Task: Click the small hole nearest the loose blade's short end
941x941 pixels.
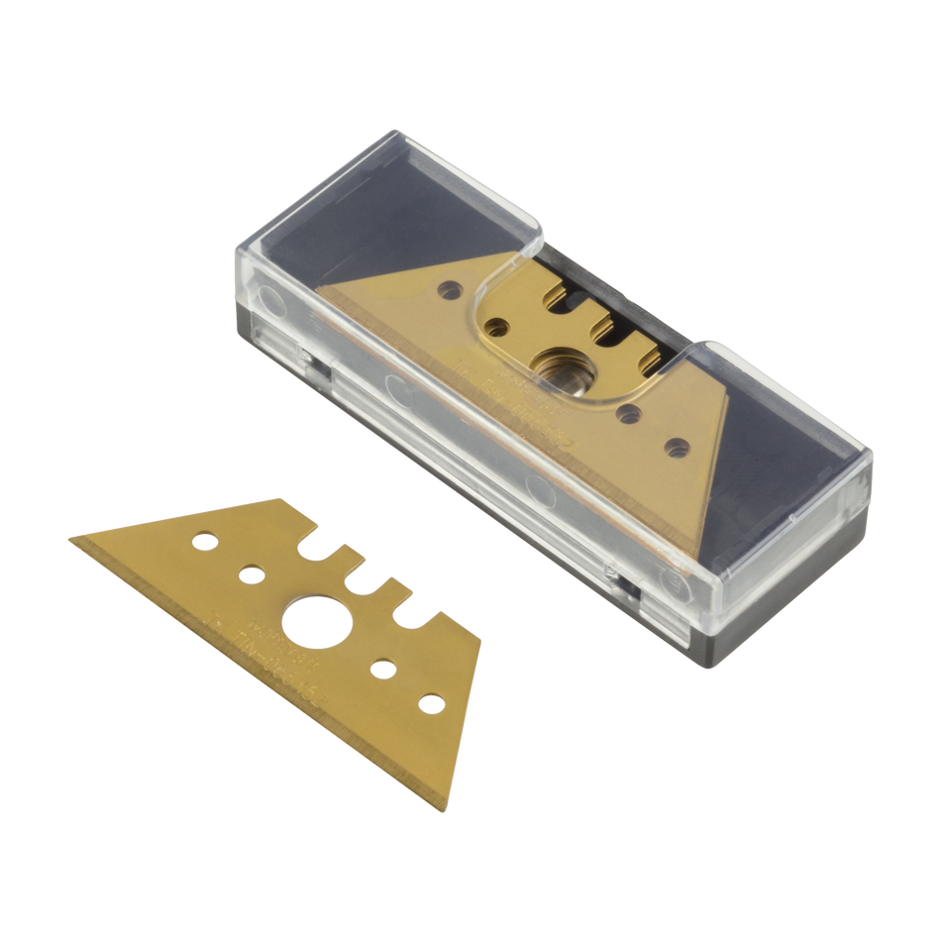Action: point(429,702)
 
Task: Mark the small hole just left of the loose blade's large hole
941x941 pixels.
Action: point(253,574)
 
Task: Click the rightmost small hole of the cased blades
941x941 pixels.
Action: point(677,444)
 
